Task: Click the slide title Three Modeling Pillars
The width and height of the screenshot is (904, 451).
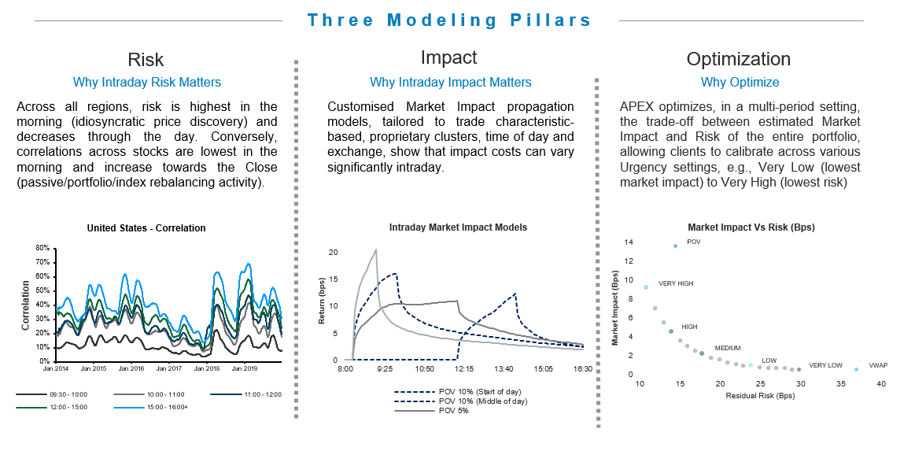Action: click(x=449, y=20)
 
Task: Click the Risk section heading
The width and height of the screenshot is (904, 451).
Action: click(x=146, y=60)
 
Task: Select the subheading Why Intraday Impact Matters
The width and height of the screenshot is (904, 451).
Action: click(x=450, y=82)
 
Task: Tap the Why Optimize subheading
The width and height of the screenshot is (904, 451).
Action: click(x=740, y=82)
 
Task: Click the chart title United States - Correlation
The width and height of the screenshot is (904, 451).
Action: click(x=146, y=228)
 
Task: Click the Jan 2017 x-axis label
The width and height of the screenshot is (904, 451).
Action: click(x=169, y=368)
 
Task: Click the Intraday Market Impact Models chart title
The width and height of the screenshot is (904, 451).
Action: click(x=458, y=227)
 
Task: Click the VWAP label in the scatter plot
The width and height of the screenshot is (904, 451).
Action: click(x=878, y=366)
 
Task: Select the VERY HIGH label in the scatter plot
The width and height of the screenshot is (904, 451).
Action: click(x=676, y=283)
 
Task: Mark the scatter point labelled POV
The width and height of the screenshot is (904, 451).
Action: click(x=675, y=246)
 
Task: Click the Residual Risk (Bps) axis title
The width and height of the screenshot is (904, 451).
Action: click(x=760, y=396)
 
